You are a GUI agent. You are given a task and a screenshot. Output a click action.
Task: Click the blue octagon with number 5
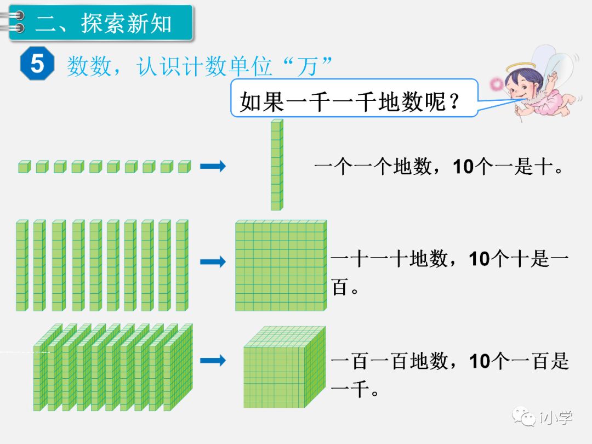pos(37,64)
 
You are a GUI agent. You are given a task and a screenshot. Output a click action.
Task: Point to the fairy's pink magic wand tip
pos(497,83)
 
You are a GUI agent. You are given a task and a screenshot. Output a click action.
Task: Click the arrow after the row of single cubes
pos(213,167)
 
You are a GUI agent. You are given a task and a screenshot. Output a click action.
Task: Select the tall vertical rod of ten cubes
pos(277,164)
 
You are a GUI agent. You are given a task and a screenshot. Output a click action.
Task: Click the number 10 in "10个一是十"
pos(464,167)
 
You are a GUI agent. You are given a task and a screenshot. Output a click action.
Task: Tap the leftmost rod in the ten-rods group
pos(22,265)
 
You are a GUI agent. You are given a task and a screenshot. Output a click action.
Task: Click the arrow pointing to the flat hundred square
pos(213,262)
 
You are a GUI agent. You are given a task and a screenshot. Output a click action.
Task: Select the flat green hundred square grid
pos(281,266)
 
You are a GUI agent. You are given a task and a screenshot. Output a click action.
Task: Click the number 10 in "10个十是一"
pos(480,259)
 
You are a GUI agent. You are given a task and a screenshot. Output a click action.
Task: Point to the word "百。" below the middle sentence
pos(344,288)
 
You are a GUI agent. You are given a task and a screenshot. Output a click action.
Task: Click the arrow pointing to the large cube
pos(213,361)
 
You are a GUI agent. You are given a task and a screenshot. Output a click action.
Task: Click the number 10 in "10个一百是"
pos(480,361)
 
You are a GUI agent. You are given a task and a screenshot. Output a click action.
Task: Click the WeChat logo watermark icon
pos(525,417)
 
